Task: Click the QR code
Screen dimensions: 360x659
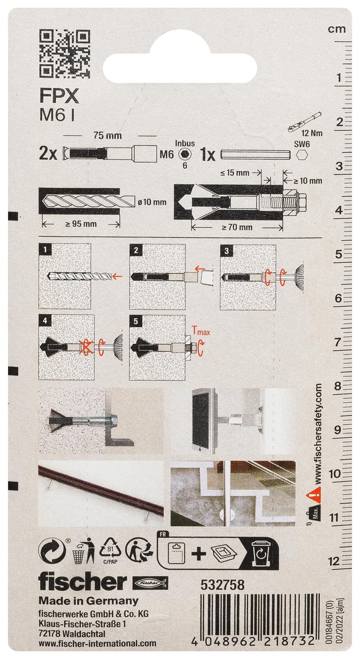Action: (x=64, y=53)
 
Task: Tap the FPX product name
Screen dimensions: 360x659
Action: (x=59, y=96)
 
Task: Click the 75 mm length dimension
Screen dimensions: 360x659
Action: (x=108, y=135)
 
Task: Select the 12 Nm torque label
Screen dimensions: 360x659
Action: (x=312, y=133)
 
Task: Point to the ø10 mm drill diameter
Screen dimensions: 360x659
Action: (x=152, y=202)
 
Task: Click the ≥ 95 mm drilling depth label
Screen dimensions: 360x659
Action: (x=81, y=224)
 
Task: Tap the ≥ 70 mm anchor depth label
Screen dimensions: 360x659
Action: (x=237, y=227)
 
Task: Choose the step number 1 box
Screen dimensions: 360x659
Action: (x=45, y=249)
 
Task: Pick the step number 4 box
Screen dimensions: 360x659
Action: (x=45, y=321)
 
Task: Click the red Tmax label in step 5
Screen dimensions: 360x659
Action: (x=201, y=331)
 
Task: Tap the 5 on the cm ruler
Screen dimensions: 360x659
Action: (x=338, y=254)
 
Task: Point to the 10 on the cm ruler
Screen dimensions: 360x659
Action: (x=335, y=474)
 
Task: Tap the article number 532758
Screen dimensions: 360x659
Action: (x=223, y=585)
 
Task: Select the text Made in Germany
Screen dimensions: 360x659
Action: (x=89, y=601)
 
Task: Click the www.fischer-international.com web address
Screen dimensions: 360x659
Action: (x=97, y=643)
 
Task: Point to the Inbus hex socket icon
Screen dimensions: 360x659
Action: (x=185, y=154)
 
